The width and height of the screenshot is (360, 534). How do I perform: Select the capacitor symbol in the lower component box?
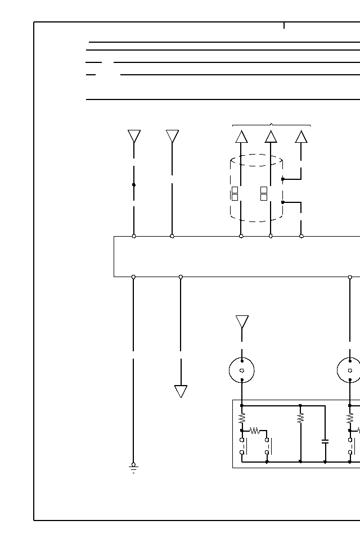click(325, 441)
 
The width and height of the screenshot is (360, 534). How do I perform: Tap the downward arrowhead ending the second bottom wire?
click(181, 391)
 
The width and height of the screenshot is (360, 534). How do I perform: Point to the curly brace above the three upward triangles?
click(272, 125)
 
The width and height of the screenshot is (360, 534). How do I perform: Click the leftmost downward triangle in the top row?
click(134, 136)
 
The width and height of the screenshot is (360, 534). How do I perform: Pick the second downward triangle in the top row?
click(172, 136)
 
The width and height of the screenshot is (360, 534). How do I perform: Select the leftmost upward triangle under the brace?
click(241, 137)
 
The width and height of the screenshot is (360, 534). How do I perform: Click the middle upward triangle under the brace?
click(271, 137)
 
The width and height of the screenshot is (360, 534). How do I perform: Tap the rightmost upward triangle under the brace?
click(301, 137)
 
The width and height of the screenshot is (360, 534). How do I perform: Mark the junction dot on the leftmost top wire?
click(134, 184)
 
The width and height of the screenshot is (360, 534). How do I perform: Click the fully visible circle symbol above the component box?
click(242, 370)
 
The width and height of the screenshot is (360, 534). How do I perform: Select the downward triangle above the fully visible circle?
click(242, 322)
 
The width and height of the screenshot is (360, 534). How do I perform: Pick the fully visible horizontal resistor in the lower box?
click(254, 431)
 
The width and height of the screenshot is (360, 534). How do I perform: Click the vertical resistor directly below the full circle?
click(242, 418)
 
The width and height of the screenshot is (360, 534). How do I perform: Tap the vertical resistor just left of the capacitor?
click(300, 418)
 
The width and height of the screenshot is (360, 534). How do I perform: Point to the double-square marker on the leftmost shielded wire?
click(235, 193)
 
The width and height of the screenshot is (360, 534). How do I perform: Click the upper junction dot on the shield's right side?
click(282, 179)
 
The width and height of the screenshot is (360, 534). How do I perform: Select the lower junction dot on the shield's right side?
click(282, 202)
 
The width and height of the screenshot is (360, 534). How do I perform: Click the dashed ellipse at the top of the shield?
click(256, 160)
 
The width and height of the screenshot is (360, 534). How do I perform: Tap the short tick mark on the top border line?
click(284, 25)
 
